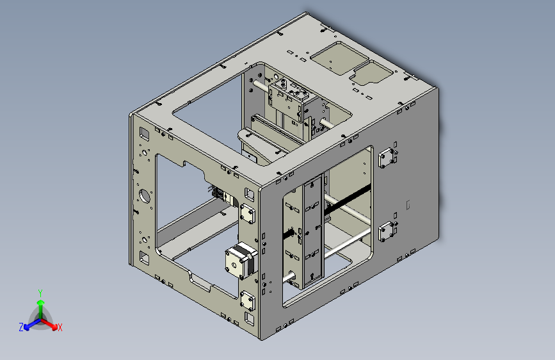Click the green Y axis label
40,292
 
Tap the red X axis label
60,327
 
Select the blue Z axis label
21,327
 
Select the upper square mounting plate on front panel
248,214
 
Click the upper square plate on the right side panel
387,158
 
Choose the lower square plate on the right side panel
387,231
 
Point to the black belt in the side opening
349,197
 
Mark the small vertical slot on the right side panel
408,205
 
